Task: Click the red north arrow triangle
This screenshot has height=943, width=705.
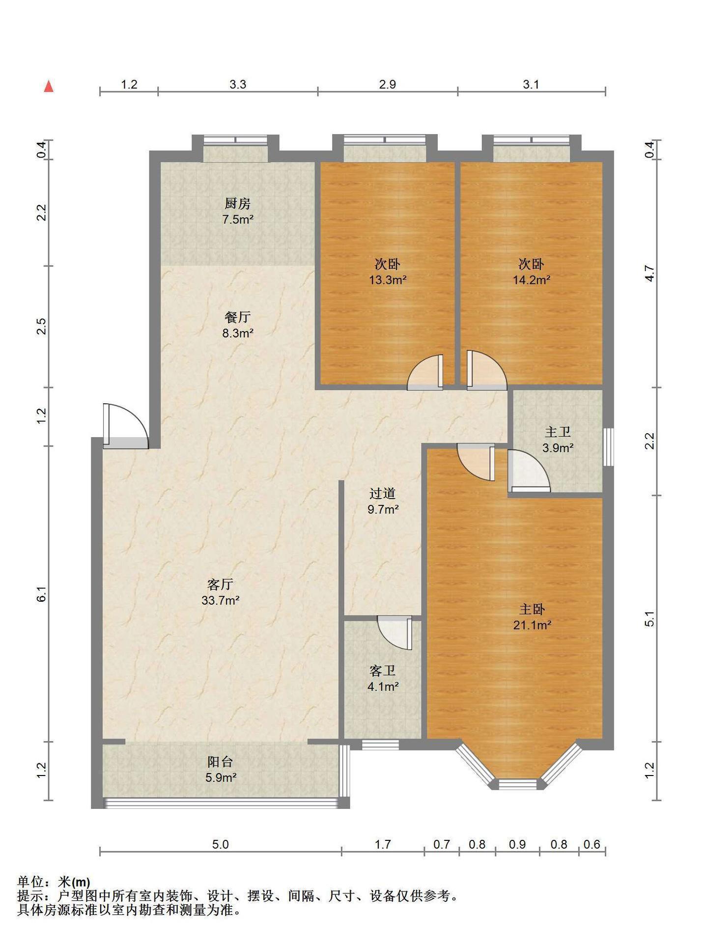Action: click(49, 86)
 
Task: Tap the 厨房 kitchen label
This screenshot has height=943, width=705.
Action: click(238, 203)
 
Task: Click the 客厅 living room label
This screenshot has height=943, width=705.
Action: click(220, 584)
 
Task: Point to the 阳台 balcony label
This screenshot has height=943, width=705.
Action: click(220, 762)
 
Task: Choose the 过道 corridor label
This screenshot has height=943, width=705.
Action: click(382, 494)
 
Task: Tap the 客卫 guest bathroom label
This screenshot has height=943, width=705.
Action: click(382, 671)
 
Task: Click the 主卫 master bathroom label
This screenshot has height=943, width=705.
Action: click(558, 432)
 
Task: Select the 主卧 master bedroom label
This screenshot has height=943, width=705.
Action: click(532, 610)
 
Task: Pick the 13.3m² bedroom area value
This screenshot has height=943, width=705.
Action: click(388, 280)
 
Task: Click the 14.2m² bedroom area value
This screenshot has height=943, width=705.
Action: click(532, 280)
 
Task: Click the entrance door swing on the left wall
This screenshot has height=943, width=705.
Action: click(126, 426)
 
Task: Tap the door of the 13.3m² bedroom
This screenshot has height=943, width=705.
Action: click(425, 372)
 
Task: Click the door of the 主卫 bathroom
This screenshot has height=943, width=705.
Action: click(529, 471)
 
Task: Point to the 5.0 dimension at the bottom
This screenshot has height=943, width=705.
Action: click(220, 844)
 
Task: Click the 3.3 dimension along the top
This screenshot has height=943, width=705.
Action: click(238, 84)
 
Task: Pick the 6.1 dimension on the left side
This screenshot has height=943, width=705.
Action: click(42, 594)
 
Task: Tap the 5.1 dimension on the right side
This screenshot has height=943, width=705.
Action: click(649, 618)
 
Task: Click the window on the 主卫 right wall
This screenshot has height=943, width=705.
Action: click(608, 447)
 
